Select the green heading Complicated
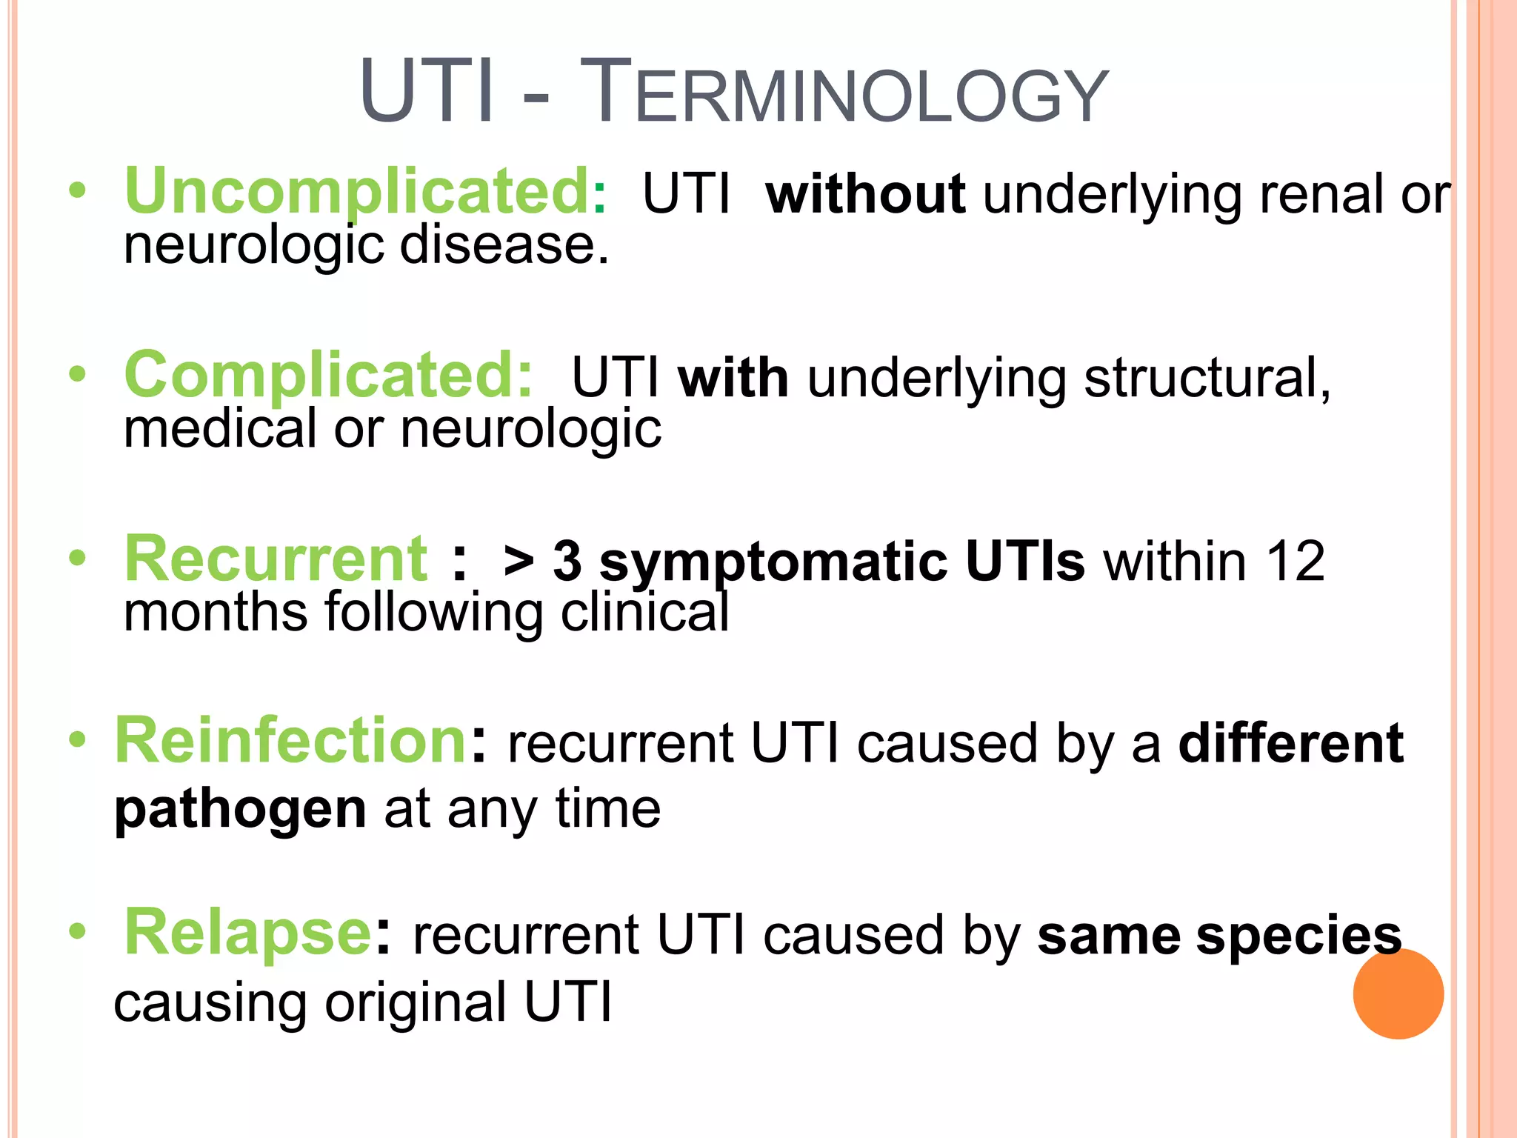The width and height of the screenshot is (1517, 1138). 328,375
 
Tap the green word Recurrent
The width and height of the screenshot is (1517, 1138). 276,559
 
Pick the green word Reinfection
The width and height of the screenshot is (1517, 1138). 290,741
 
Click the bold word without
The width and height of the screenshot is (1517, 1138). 866,194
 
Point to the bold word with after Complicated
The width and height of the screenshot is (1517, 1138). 733,378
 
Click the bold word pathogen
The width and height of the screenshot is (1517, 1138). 240,810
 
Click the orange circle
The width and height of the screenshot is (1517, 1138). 1398,994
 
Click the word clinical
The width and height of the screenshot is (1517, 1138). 644,613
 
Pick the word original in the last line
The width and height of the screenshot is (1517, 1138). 415,1003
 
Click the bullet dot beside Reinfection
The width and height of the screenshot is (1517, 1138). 77,739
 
